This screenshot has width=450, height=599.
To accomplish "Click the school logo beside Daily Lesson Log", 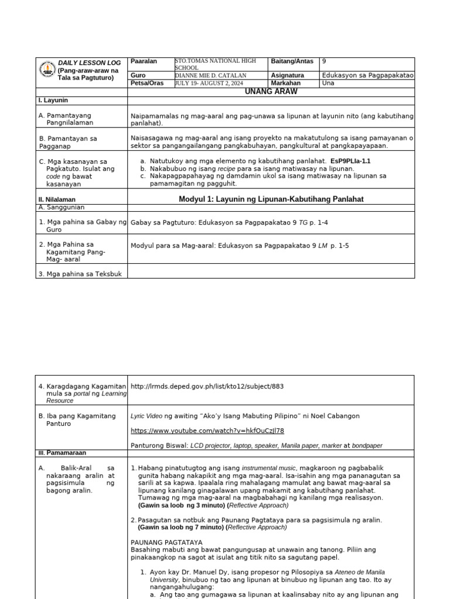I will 47,70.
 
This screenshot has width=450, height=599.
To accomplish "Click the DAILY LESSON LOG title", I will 89,63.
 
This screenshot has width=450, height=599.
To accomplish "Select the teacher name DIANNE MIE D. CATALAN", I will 210,75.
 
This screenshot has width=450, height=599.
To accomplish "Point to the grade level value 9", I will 324,61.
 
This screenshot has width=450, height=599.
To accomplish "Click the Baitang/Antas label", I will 292,61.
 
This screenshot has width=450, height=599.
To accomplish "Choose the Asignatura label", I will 287,75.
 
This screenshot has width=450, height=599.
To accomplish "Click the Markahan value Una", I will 328,83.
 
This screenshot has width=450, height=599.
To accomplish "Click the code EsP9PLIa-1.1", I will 350,160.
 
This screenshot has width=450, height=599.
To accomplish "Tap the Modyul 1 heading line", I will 271,199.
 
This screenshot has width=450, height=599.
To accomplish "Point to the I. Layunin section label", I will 52,101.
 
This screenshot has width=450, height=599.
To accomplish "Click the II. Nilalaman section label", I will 57,199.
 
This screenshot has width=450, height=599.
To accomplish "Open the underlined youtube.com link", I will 207,431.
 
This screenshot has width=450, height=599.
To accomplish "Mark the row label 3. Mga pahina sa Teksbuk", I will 80,274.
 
